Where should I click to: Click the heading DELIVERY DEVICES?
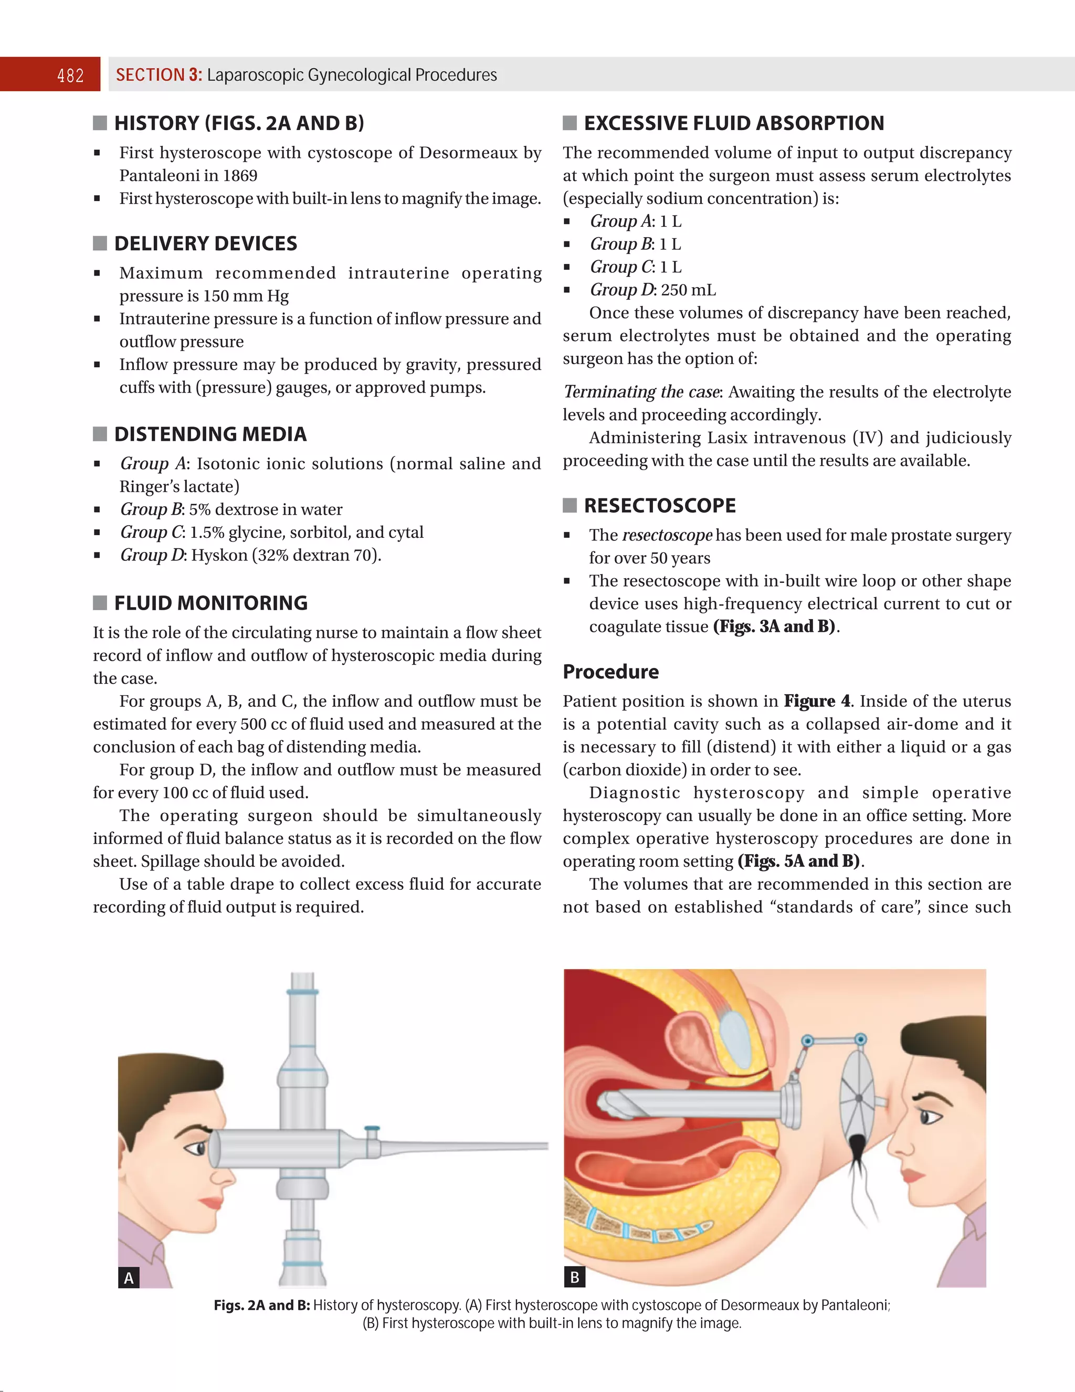(205, 243)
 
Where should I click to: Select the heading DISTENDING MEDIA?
(210, 434)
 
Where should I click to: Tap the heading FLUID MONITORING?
(210, 603)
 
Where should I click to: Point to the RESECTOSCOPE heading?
(659, 505)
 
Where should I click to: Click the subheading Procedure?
(610, 672)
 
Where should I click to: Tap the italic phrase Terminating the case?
(641, 392)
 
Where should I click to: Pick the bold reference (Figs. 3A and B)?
(774, 626)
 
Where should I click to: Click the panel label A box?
(129, 1277)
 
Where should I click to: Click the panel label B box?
(574, 1277)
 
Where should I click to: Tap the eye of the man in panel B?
(930, 1116)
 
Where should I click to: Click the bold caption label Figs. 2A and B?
(261, 1305)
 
